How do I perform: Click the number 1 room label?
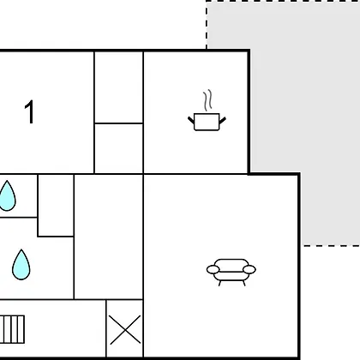click(x=29, y=111)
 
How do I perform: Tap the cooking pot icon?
click(x=207, y=122)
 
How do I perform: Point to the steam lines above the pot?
click(x=208, y=100)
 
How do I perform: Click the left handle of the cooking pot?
click(x=191, y=120)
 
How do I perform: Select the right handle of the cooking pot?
click(x=223, y=120)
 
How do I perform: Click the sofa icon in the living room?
click(x=231, y=272)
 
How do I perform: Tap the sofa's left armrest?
click(x=213, y=269)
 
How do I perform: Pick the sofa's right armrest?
click(x=249, y=269)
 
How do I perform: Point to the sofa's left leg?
click(x=220, y=283)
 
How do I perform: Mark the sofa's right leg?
click(x=243, y=283)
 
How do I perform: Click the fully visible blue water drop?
click(x=21, y=265)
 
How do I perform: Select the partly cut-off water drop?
click(x=7, y=196)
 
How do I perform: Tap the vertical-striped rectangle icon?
click(x=12, y=329)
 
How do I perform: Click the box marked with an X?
click(x=125, y=329)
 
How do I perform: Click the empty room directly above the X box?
click(x=109, y=237)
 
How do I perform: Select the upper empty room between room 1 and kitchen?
click(x=119, y=87)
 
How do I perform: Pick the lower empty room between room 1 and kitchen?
click(x=119, y=148)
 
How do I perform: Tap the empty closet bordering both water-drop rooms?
click(x=56, y=206)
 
